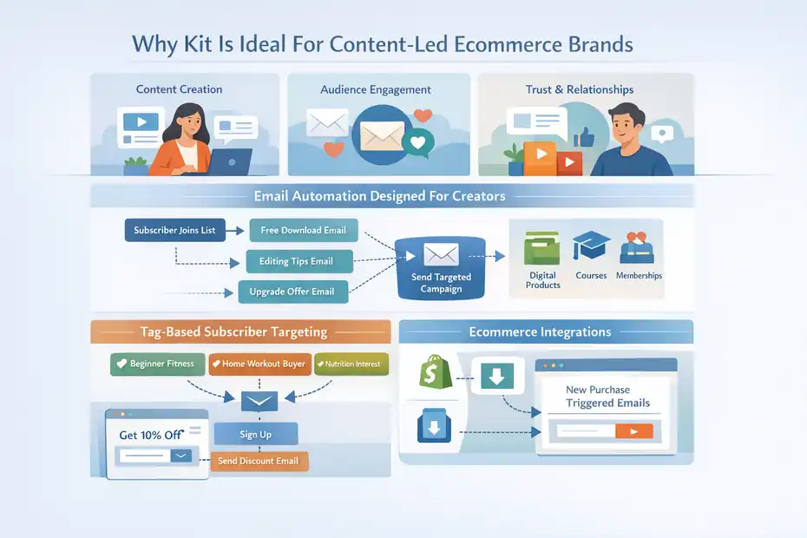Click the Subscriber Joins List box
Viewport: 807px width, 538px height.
pyautogui.click(x=174, y=231)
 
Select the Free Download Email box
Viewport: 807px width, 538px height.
pyautogui.click(x=303, y=230)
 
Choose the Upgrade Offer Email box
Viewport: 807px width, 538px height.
pyautogui.click(x=292, y=292)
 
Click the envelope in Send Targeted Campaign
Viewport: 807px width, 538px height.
pyautogui.click(x=441, y=254)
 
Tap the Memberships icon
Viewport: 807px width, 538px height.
pyautogui.click(x=639, y=248)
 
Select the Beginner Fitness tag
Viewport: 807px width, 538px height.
pyautogui.click(x=157, y=364)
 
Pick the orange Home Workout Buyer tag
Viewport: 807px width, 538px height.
pyautogui.click(x=258, y=364)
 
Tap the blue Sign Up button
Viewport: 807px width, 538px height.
pyautogui.click(x=255, y=434)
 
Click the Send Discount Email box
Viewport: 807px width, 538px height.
pyautogui.click(x=259, y=461)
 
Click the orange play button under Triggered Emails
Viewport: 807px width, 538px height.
pyautogui.click(x=633, y=430)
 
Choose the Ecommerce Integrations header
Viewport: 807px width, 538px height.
pyautogui.click(x=540, y=331)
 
